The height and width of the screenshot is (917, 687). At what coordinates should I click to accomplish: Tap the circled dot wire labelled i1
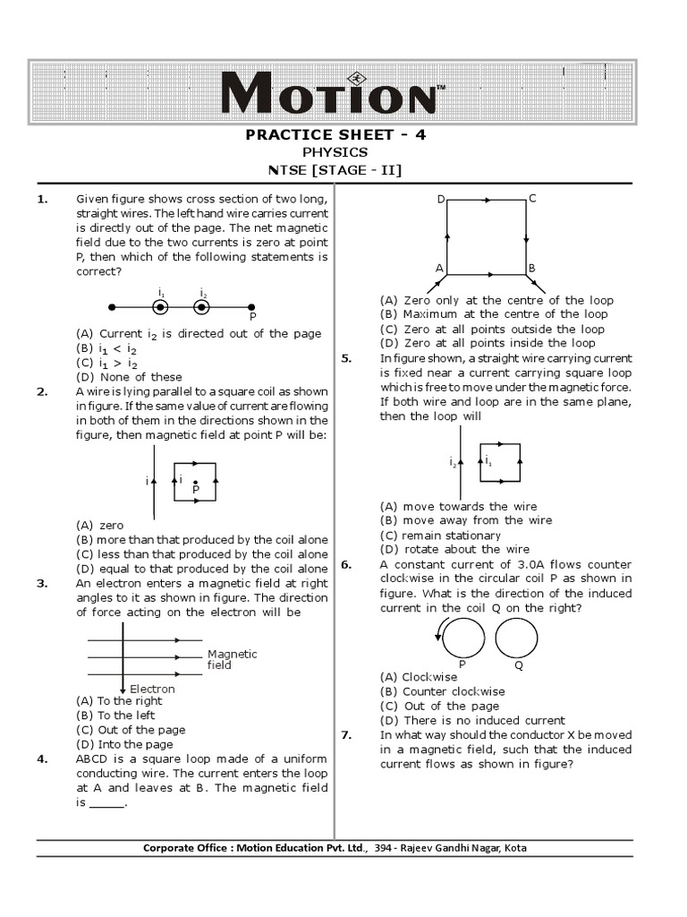pyautogui.click(x=160, y=307)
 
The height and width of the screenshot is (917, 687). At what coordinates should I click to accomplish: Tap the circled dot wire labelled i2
pyautogui.click(x=202, y=307)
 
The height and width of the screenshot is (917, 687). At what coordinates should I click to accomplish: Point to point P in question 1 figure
pyautogui.click(x=251, y=307)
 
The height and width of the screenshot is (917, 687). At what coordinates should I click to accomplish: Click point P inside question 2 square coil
pyautogui.click(x=196, y=484)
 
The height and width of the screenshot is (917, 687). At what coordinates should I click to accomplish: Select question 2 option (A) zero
pyautogui.click(x=100, y=525)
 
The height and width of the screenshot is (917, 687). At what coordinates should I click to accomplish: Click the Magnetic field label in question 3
pyautogui.click(x=232, y=659)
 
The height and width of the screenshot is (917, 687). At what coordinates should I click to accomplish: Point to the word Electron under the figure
pyautogui.click(x=152, y=689)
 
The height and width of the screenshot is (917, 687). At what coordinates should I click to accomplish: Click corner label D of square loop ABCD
pyautogui.click(x=440, y=199)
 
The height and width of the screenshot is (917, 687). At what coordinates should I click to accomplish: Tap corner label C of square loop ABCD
pyautogui.click(x=532, y=198)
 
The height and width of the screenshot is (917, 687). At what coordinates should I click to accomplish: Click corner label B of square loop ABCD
pyautogui.click(x=531, y=269)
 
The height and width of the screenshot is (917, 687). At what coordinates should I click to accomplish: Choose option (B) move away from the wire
pyautogui.click(x=465, y=520)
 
